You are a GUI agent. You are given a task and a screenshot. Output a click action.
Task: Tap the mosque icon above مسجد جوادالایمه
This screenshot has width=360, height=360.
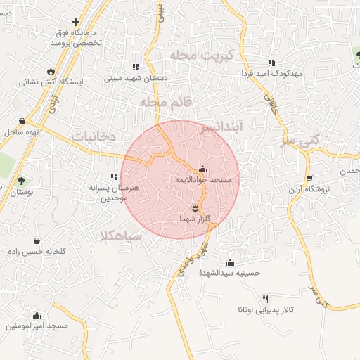(x=203, y=169)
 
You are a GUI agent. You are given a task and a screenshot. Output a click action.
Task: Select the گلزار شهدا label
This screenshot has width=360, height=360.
(x=195, y=219)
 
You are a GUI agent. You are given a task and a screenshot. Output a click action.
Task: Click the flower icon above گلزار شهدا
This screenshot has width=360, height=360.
(x=195, y=207)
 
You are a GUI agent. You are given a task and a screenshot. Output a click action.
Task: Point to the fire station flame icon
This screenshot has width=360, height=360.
(x=51, y=71)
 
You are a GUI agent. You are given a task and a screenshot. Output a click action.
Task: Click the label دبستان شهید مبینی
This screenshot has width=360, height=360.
(x=136, y=78)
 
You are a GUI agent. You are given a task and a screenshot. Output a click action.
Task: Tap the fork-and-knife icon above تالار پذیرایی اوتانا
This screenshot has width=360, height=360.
(x=265, y=299)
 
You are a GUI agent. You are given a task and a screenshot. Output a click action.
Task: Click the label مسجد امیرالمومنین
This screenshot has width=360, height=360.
(x=37, y=326)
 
